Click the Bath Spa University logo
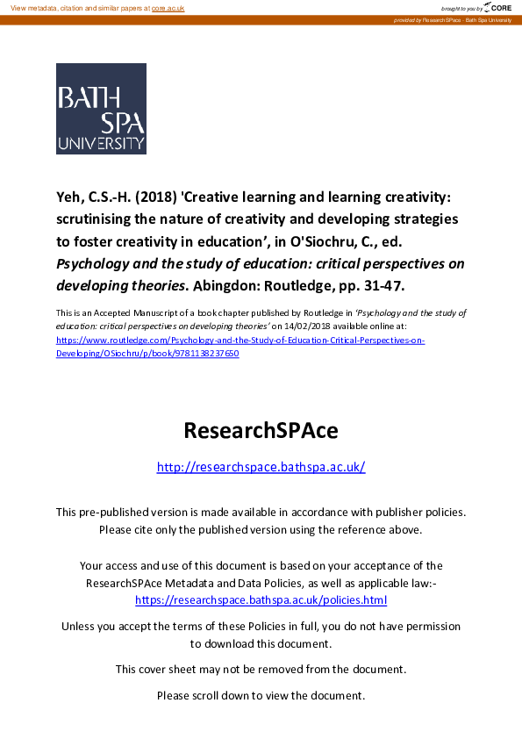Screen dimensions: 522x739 101,108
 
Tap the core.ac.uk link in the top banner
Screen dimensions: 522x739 168,8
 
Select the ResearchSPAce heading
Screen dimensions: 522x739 261,431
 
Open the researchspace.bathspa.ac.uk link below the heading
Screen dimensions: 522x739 261,467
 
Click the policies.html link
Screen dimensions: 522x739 261,600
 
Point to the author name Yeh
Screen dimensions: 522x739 69,197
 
